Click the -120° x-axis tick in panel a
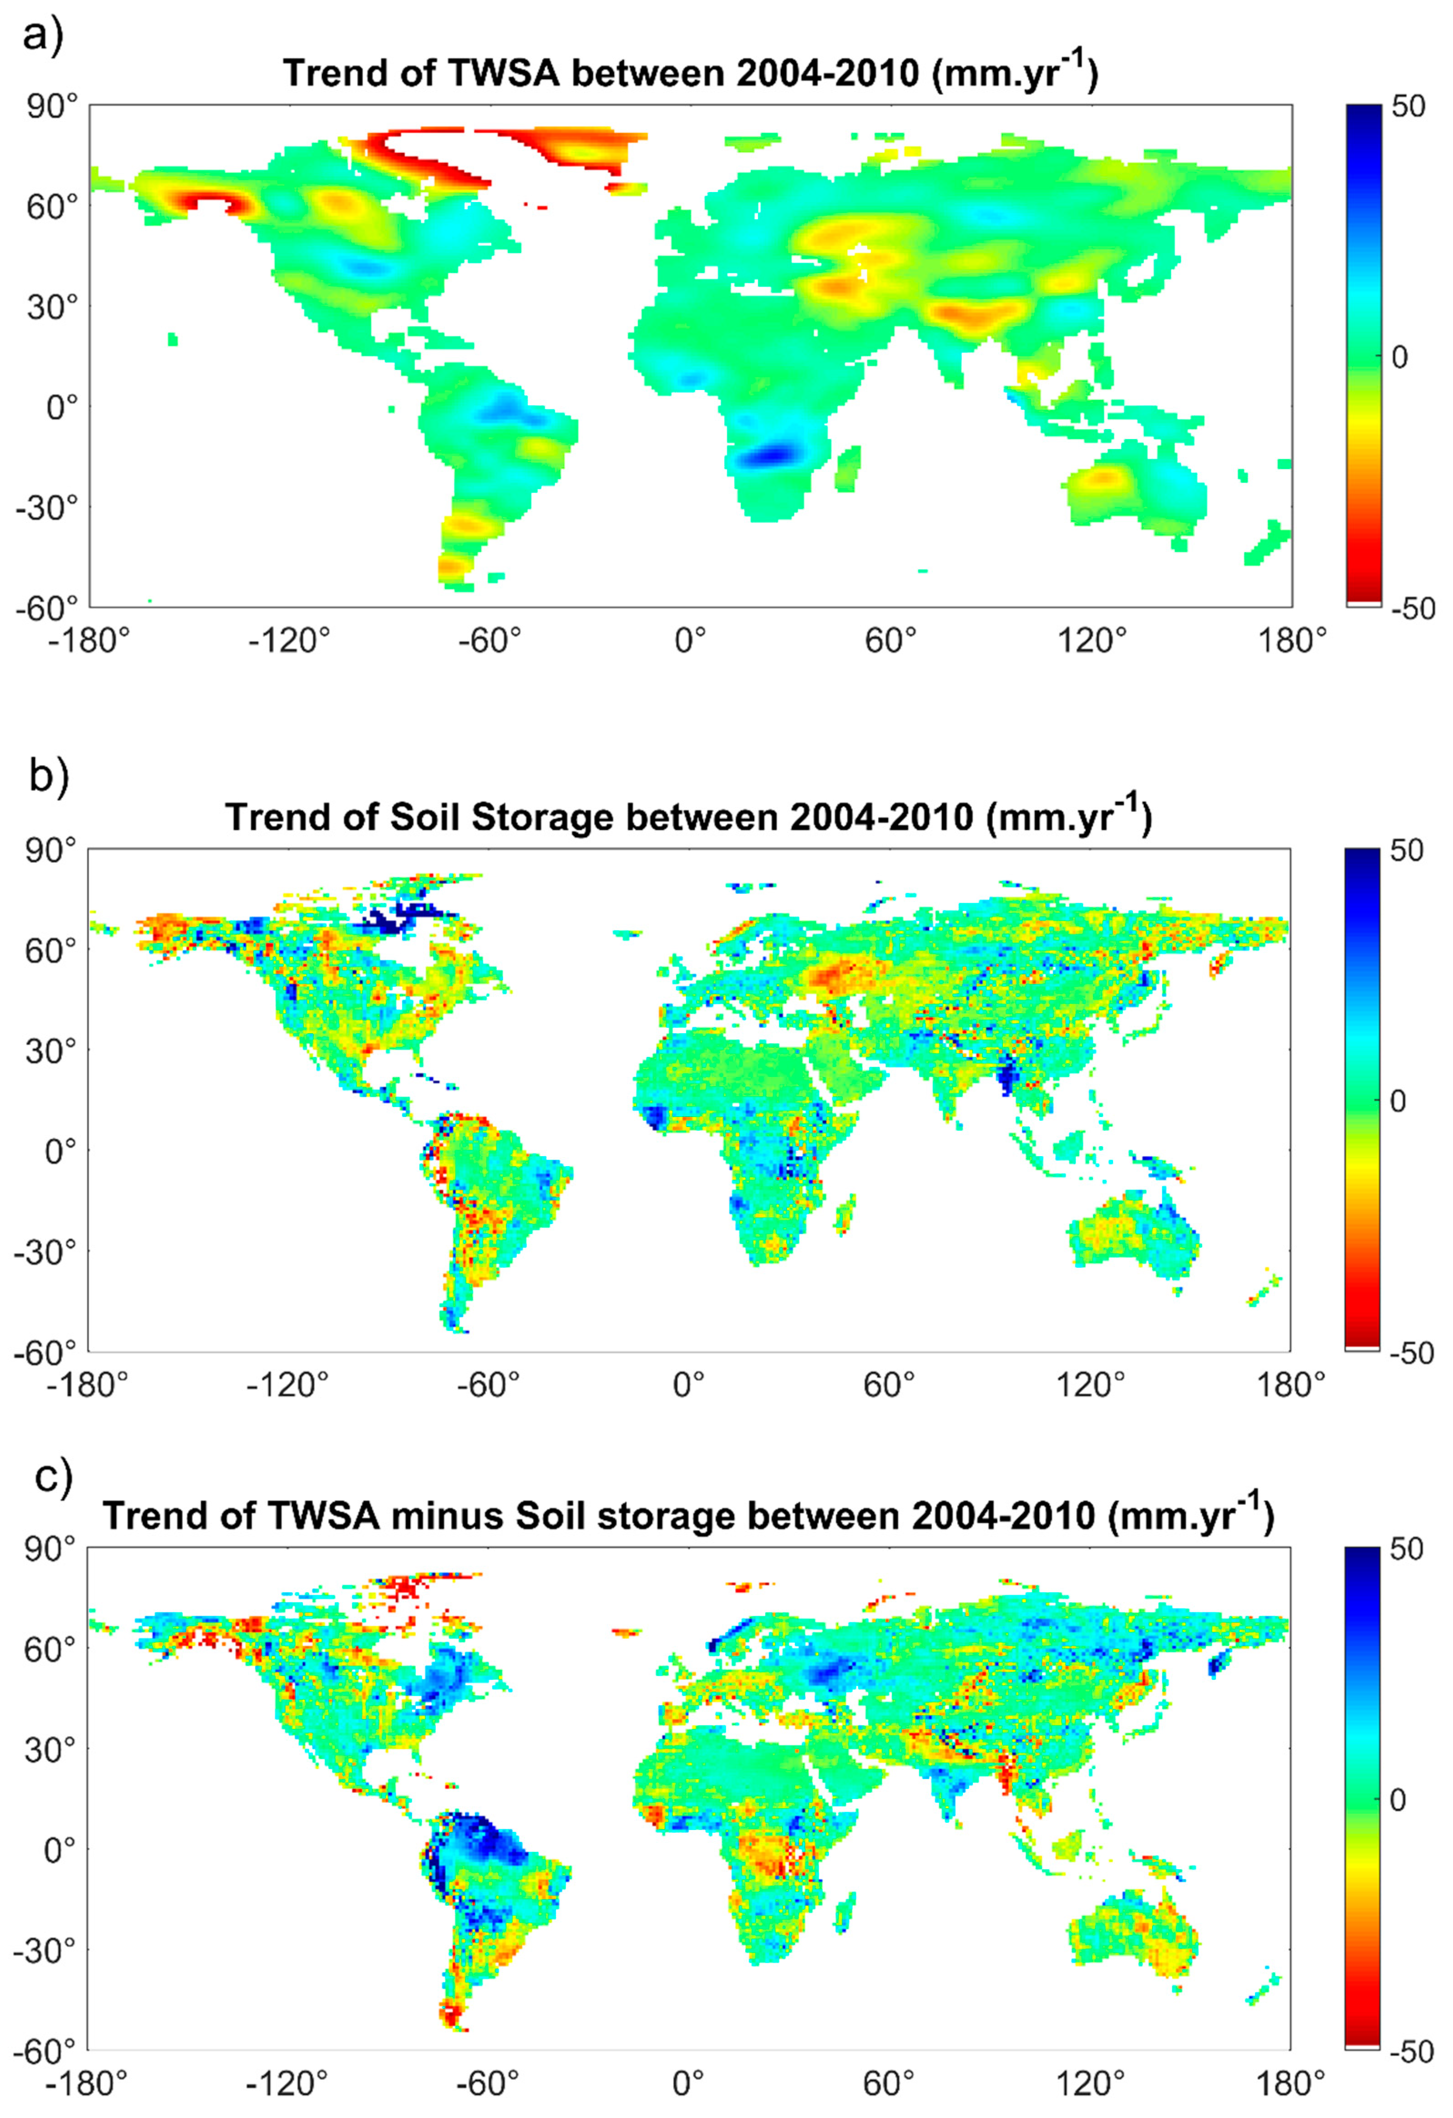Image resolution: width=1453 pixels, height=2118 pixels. pyautogui.click(x=290, y=642)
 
